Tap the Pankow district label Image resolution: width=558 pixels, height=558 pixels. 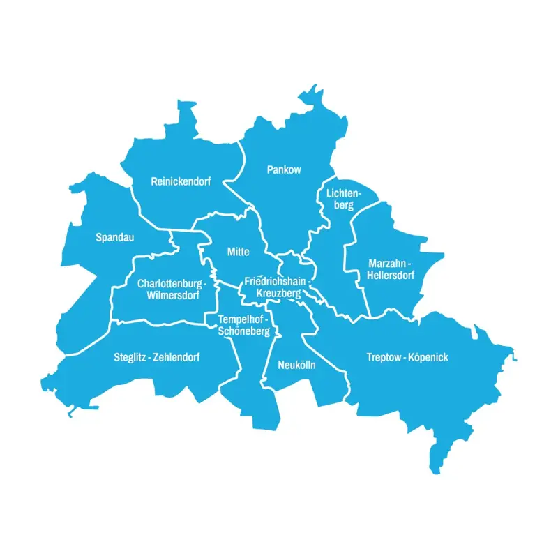284,169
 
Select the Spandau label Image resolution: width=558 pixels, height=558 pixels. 114,238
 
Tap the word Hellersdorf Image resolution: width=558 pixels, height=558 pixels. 391,276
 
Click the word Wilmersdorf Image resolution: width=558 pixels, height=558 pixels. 173,295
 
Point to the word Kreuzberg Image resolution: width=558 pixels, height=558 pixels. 278,294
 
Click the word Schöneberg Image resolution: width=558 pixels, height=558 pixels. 244,331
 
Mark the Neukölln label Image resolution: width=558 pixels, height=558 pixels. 296,365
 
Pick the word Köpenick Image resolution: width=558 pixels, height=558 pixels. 429,358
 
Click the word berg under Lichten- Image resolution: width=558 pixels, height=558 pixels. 343,205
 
